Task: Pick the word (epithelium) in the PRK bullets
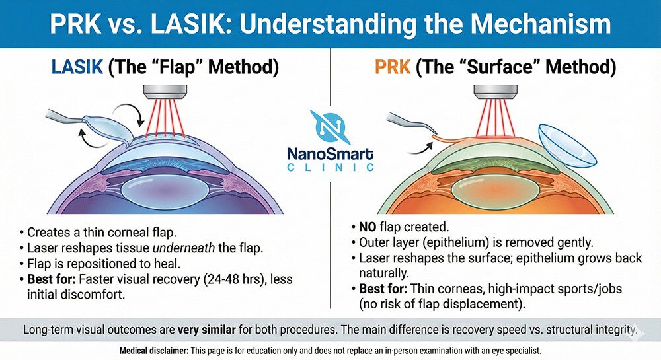tap(450, 242)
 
